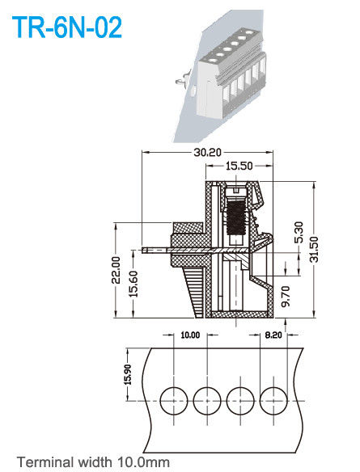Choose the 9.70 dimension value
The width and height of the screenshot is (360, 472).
(285, 294)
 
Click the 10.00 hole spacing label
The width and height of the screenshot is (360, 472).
(189, 335)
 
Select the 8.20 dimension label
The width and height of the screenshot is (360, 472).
(273, 335)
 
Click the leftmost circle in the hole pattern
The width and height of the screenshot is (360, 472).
(173, 398)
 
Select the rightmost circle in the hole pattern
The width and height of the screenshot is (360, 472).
(273, 398)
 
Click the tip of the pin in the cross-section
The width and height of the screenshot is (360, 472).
(144, 250)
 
